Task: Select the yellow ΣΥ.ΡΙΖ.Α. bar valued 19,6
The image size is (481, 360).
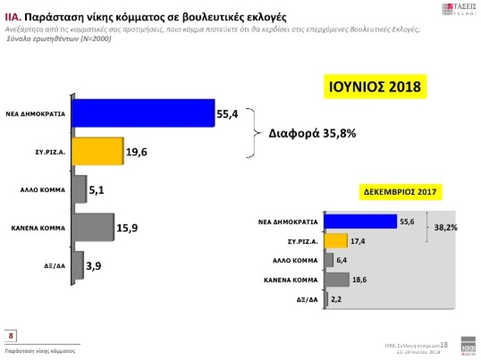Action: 98,151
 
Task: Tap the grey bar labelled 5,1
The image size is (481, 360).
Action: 79,190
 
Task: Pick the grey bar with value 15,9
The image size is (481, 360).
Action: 93,227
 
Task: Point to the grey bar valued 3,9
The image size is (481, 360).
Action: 78,265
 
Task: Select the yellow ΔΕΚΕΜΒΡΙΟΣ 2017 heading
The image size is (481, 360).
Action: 403,192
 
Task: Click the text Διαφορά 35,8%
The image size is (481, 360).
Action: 312,133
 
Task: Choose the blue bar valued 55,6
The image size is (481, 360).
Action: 360,222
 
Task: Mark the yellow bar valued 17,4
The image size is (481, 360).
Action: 336,241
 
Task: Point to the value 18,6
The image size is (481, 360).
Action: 360,280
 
